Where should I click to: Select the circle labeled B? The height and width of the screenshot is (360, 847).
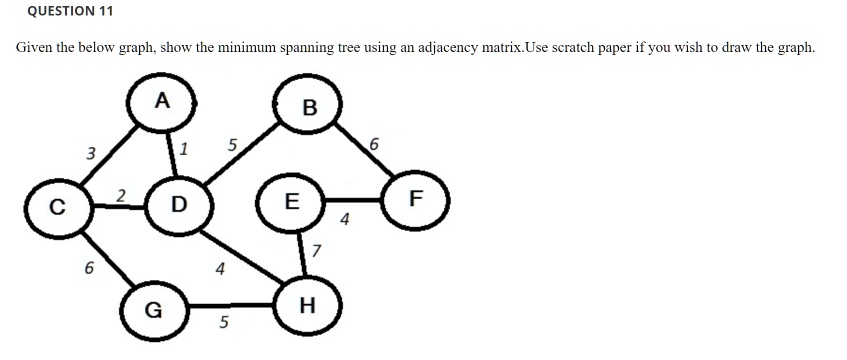pos(309,107)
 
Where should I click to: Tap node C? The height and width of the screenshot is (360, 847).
pos(57,209)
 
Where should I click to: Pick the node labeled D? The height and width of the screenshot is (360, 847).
pos(178,206)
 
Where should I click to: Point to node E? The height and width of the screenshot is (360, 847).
pos(290,200)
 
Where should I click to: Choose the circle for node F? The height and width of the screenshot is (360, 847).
pos(417,200)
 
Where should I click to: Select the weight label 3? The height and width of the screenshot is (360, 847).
pos(90,154)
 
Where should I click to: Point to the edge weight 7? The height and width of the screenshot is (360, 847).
pos(318,249)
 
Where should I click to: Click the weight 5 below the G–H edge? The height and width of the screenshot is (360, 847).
pos(224,323)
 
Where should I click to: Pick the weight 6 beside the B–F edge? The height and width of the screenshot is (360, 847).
pos(374,147)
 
